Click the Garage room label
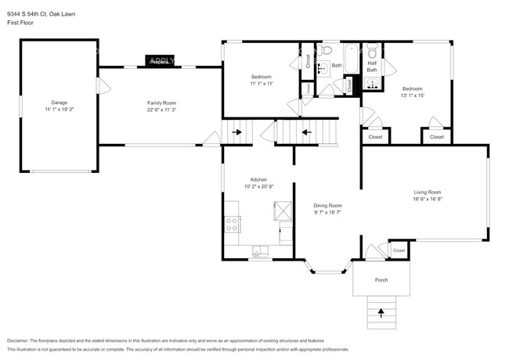[x=59, y=103]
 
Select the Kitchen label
[x=258, y=179]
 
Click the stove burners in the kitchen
[x=232, y=223]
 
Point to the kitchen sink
[x=259, y=250]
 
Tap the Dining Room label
[x=327, y=205]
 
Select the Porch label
[x=381, y=279]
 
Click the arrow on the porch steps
[x=381, y=313]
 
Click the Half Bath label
[x=371, y=67]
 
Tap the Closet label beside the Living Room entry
[x=399, y=250]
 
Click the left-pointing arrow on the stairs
[x=306, y=131]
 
